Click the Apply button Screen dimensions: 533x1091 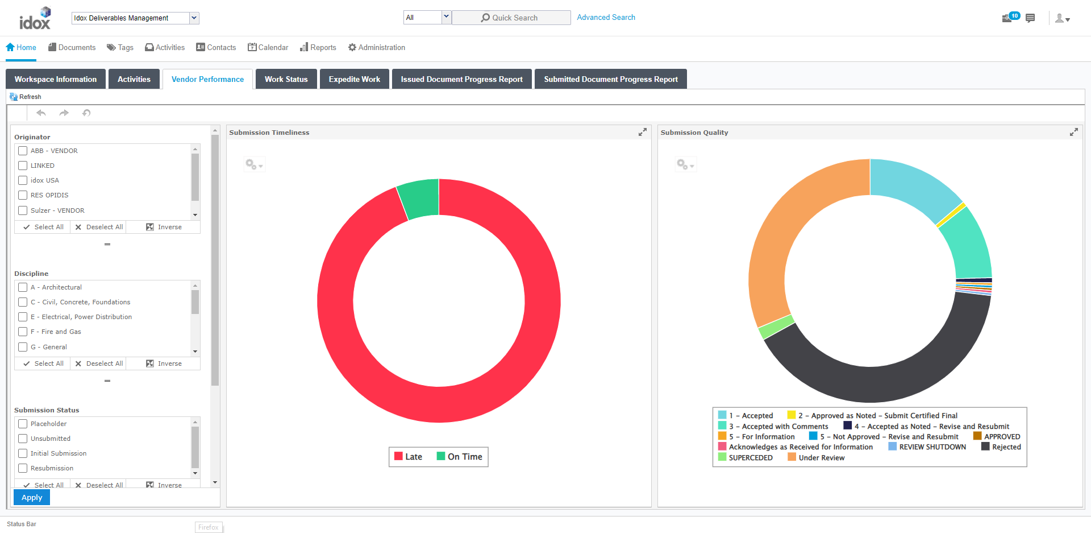pos(32,497)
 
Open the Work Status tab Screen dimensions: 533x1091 pos(286,79)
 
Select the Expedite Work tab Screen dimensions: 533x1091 pos(354,79)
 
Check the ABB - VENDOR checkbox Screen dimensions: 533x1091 pos(23,151)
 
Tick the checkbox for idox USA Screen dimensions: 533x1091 pos(23,180)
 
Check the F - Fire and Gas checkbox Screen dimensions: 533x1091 pos(23,332)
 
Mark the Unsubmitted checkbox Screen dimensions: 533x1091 pos(23,439)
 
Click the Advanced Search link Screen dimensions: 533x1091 pos(606,17)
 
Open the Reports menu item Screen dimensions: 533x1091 pos(318,47)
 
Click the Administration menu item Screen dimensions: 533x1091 pos(377,47)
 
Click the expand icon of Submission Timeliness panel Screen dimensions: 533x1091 pos(642,132)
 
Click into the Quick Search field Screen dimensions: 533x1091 pos(511,18)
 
